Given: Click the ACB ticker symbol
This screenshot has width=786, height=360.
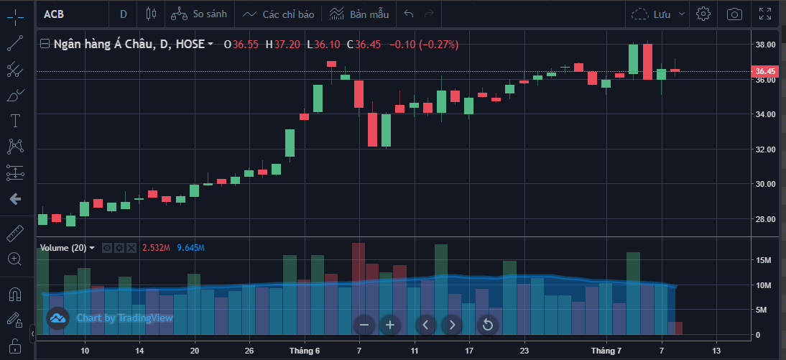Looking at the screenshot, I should pyautogui.click(x=55, y=14).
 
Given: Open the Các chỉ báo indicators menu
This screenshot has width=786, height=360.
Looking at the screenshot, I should pyautogui.click(x=279, y=14).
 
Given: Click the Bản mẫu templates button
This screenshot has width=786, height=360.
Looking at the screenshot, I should pyautogui.click(x=359, y=14).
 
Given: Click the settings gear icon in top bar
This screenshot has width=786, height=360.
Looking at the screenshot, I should pyautogui.click(x=703, y=14).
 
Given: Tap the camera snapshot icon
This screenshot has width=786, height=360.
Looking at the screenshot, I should pyautogui.click(x=734, y=14).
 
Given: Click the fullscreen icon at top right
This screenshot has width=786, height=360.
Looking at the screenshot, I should pyautogui.click(x=765, y=14).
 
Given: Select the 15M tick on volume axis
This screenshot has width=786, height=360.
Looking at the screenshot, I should pyautogui.click(x=764, y=260).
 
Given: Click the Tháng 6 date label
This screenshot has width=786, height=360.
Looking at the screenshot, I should pyautogui.click(x=305, y=351).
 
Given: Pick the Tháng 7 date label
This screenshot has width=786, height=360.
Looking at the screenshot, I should pyautogui.click(x=606, y=351).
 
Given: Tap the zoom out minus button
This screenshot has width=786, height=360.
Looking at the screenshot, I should pyautogui.click(x=364, y=325).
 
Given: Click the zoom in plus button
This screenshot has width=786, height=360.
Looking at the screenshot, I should pyautogui.click(x=390, y=325).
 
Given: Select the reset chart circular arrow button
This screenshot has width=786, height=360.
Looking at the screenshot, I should pyautogui.click(x=487, y=325).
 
